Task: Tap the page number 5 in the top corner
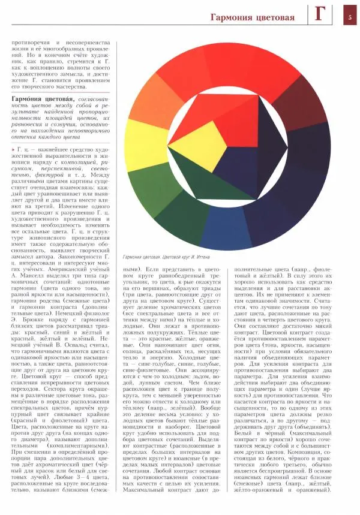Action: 350,17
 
